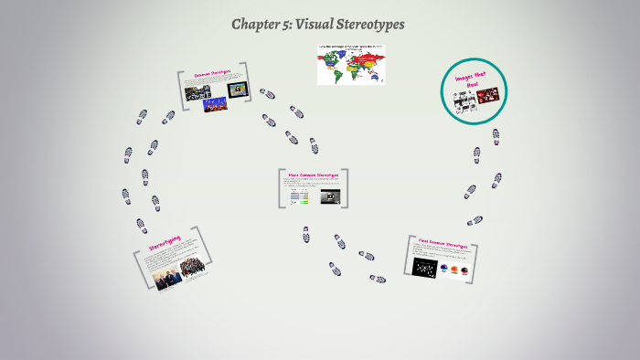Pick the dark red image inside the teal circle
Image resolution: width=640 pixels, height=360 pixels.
point(487,94)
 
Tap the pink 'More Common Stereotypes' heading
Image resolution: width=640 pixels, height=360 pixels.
point(313,174)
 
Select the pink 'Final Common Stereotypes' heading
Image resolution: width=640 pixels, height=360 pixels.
point(443,245)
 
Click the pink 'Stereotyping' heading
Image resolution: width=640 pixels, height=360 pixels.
point(165,243)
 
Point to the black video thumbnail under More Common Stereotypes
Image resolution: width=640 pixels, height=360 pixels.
point(329,196)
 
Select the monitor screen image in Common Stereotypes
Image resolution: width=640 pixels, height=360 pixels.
point(237,89)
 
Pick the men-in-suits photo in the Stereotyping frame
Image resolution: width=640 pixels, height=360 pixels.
point(167,276)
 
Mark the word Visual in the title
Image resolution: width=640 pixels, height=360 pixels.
point(318,24)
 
